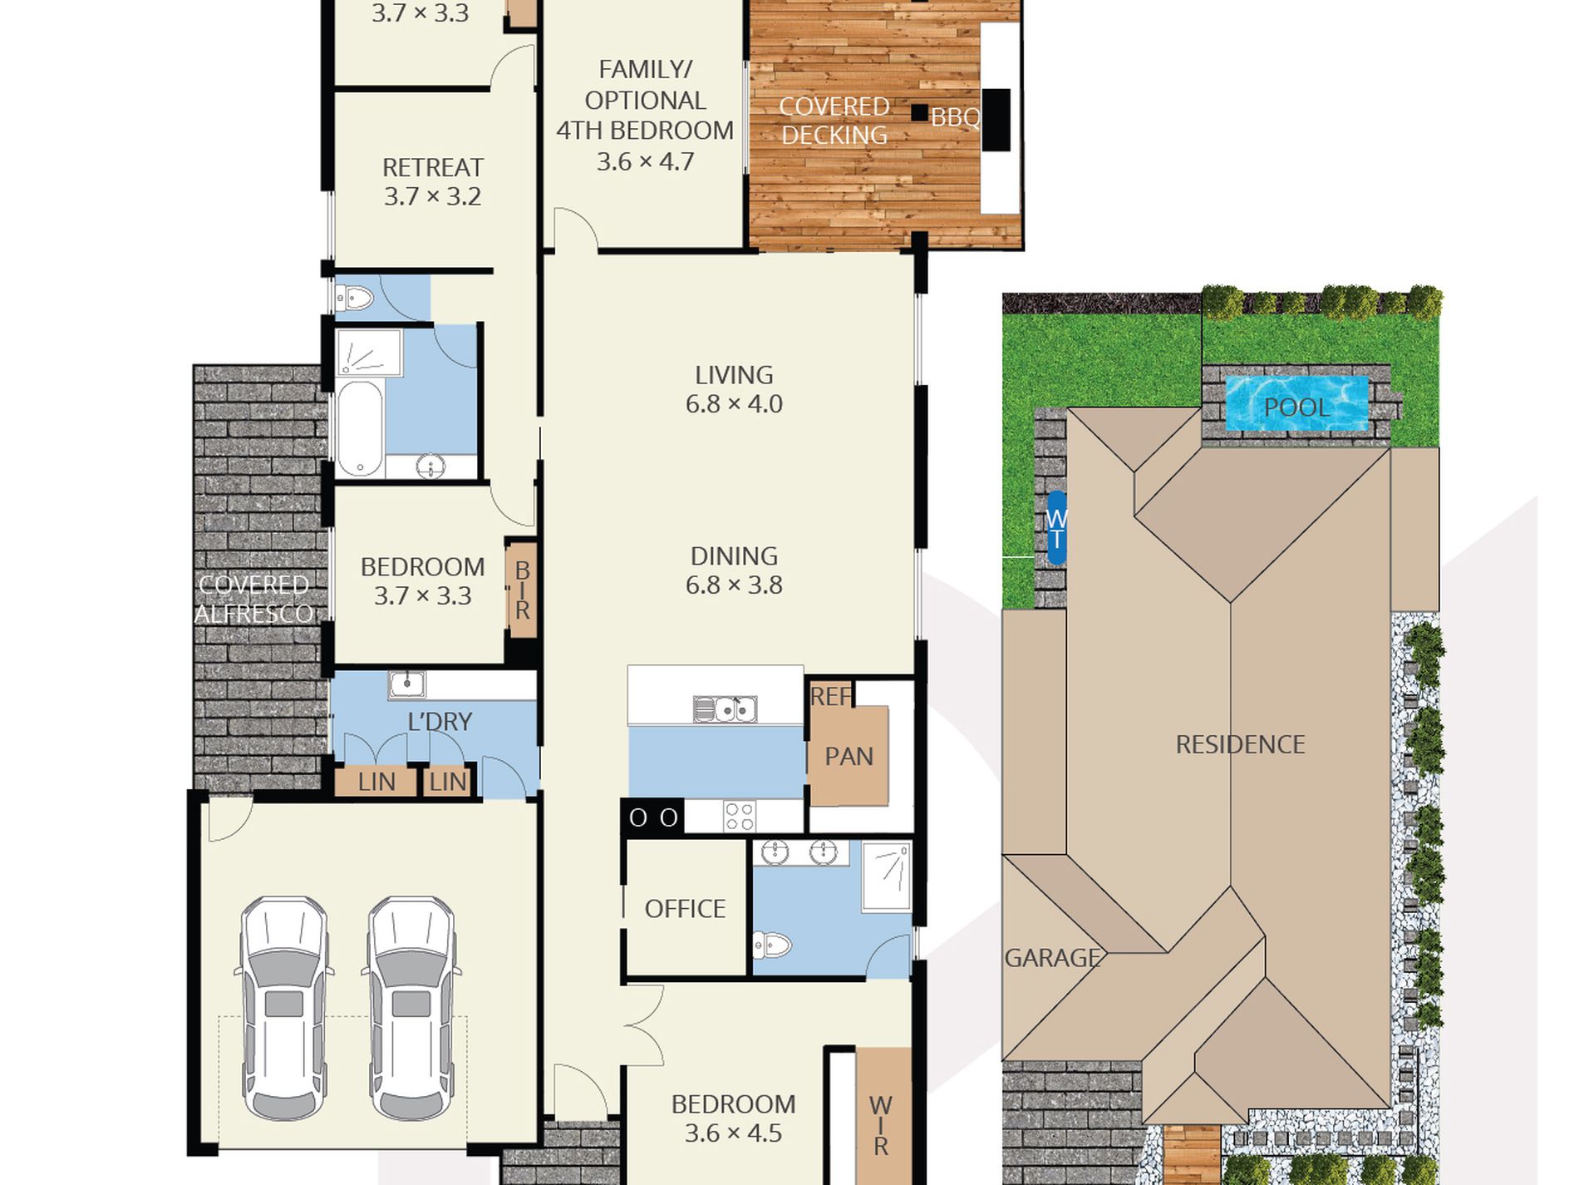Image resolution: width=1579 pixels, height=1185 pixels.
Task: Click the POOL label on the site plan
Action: pos(1296,407)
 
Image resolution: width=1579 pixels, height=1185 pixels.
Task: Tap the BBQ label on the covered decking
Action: pos(955,118)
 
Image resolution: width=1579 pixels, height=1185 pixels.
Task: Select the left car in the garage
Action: pos(284,1008)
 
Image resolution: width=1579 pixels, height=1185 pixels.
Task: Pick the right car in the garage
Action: pos(411,1008)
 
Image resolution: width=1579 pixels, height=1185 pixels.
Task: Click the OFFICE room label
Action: pos(685,909)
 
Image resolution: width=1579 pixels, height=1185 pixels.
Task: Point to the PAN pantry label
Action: pos(849,757)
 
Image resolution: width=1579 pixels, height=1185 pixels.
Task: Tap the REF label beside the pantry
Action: pos(830,696)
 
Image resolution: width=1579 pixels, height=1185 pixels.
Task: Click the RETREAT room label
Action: pos(432,168)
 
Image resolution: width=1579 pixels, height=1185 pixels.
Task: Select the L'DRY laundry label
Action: pos(440,722)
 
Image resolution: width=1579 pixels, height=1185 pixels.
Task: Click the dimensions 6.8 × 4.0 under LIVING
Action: pos(734,404)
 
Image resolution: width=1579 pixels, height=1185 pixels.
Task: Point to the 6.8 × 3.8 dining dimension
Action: pos(734,585)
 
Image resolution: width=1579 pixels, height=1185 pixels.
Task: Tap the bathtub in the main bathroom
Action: pos(359,428)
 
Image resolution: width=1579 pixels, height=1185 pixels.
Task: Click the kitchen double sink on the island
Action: pos(725,709)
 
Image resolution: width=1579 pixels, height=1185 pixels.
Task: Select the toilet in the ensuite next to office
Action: pos(771,945)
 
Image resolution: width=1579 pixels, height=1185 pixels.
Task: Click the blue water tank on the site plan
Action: pos(1055,528)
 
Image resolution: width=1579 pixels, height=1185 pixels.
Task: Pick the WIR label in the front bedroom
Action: pos(881,1126)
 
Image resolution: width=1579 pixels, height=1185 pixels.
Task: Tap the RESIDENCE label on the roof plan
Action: pos(1240,744)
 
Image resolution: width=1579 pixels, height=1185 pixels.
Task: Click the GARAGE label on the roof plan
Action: pos(1052,958)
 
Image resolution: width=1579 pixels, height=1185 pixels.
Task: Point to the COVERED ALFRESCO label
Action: pos(253,600)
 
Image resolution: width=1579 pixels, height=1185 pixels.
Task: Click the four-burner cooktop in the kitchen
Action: pos(739,816)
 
